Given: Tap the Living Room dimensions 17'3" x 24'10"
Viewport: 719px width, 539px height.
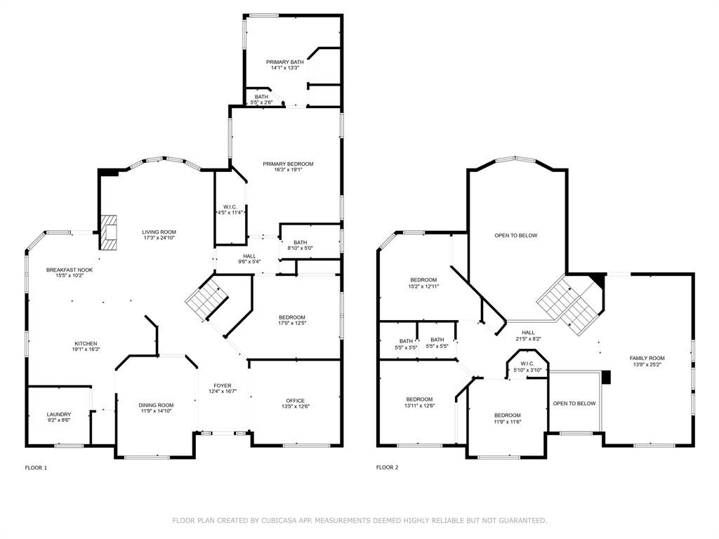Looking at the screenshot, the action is [159, 237].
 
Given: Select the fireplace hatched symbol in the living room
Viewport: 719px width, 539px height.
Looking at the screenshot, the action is [109, 232].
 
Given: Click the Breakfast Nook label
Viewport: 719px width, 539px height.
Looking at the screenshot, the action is [70, 270].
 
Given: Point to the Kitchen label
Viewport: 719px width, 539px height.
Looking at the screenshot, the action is [86, 343].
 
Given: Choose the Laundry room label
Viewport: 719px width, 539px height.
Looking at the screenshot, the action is [59, 414].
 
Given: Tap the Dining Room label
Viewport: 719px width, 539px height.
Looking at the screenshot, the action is [156, 405].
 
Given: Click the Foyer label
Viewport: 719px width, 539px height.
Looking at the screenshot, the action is [223, 385].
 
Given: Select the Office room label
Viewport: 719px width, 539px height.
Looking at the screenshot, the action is [296, 401].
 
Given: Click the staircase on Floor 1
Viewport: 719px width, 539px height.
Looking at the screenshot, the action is [207, 298].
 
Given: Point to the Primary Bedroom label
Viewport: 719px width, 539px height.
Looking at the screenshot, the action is [288, 164].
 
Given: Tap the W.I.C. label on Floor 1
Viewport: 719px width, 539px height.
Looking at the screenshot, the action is [230, 207].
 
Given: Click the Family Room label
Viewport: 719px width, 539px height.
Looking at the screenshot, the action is [647, 358].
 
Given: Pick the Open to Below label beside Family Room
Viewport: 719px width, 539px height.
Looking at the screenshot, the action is [574, 404].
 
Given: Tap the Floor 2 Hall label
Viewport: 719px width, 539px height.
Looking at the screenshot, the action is [528, 332].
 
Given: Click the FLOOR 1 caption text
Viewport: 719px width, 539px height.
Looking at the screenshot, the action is [36, 467].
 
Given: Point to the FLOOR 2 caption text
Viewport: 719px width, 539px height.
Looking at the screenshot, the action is [388, 467].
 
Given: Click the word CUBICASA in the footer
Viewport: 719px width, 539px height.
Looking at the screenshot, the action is [278, 520].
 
